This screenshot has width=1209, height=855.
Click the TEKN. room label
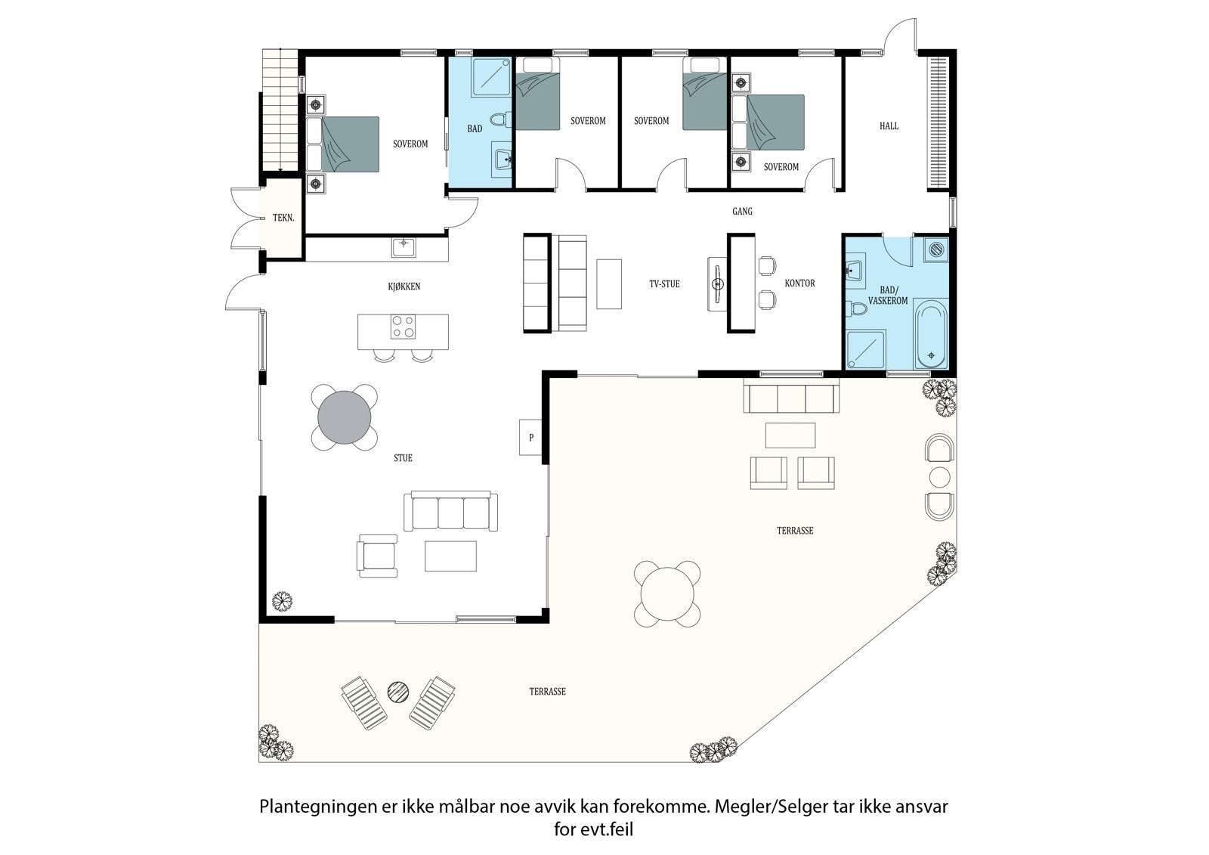pos(283,218)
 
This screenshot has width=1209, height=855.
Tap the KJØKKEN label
pos(404,287)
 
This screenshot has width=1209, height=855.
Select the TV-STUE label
pos(664,284)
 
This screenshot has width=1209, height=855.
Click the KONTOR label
pos(799,283)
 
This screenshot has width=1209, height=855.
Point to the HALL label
pos(889,126)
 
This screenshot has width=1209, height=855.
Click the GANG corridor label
pos(742,212)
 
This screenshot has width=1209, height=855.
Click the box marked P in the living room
pos(531,437)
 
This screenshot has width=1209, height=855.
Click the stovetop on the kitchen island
pos(402,326)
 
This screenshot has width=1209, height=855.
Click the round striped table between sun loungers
pos(398,690)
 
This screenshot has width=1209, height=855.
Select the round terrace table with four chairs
pos(669,593)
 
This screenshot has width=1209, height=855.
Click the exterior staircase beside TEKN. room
pos(275,110)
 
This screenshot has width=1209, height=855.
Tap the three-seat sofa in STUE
pos(451,512)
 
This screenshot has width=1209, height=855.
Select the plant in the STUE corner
pos(282,601)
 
